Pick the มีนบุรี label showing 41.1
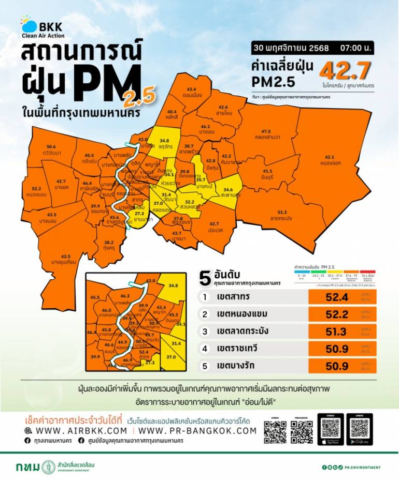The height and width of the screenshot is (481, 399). click(267, 174)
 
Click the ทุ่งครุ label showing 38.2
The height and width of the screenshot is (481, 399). click(109, 245)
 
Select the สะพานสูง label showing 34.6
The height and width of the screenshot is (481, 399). click(232, 193)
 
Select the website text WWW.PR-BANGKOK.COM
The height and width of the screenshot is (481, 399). click(197, 430)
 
